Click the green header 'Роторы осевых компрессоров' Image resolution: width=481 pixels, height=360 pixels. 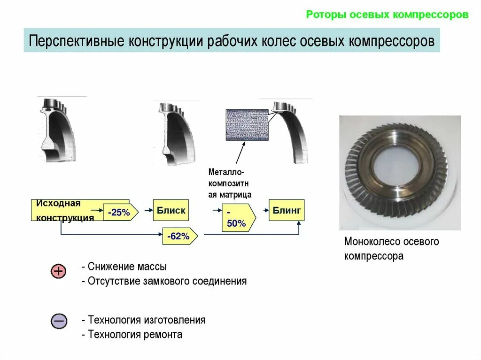tap(387, 15)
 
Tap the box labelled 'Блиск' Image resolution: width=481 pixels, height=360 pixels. tap(171, 211)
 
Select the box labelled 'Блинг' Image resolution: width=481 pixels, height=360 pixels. tap(286, 210)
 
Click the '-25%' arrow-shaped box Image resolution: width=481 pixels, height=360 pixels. tap(120, 213)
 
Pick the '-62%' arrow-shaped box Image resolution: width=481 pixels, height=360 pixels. tap(179, 237)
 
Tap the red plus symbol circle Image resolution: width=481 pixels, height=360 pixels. tap(59, 271)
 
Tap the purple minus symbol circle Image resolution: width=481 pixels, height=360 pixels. tap(59, 321)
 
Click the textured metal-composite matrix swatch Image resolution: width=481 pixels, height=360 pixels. tap(248, 125)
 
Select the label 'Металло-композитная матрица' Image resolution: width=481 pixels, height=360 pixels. tap(230, 184)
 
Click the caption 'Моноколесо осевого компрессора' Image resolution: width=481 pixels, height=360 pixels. tap(391, 249)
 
